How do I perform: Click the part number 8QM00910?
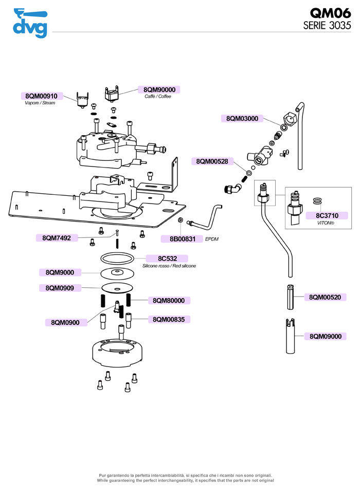(42, 96)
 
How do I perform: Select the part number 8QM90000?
(159, 89)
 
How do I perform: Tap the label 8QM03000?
(242, 118)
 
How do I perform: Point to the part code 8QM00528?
(212, 161)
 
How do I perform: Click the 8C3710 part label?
(328, 215)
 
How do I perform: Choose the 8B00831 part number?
(179, 238)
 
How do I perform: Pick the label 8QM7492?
(57, 237)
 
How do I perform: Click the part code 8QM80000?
(169, 300)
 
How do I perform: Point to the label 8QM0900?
(65, 322)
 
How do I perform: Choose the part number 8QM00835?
(169, 319)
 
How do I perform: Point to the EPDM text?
(212, 239)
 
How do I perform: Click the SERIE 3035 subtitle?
(327, 26)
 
